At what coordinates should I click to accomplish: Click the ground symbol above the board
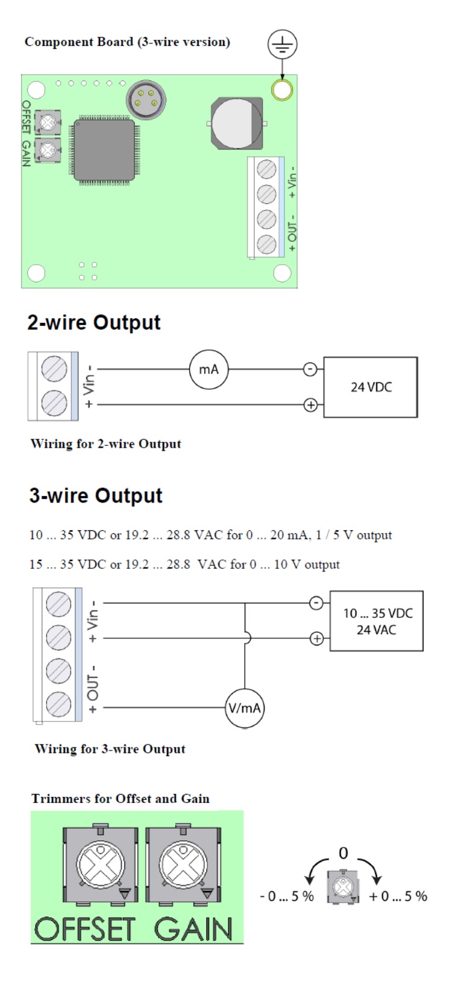tap(282, 45)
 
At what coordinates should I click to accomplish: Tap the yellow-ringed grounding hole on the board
tap(282, 90)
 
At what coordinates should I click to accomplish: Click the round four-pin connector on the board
tap(146, 100)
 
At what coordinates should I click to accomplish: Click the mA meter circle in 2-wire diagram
tap(209, 369)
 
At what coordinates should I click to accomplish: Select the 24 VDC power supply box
tap(371, 387)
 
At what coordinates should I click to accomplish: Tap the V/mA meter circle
tap(245, 708)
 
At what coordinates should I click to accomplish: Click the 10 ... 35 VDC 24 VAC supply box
tap(377, 621)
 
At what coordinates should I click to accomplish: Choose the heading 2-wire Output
tap(94, 322)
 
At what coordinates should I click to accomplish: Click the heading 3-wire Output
tap(96, 495)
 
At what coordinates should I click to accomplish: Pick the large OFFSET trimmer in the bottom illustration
tap(100, 866)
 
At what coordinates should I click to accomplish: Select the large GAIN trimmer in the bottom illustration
tap(183, 866)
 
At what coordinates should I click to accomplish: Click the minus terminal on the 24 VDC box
tap(310, 369)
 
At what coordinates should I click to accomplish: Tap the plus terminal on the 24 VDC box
tap(310, 405)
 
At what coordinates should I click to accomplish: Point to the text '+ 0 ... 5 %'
tap(398, 897)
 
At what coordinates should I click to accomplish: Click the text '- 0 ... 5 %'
tap(287, 897)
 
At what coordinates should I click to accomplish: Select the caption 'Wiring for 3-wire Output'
tap(110, 749)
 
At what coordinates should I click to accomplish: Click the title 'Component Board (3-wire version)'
tap(127, 42)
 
